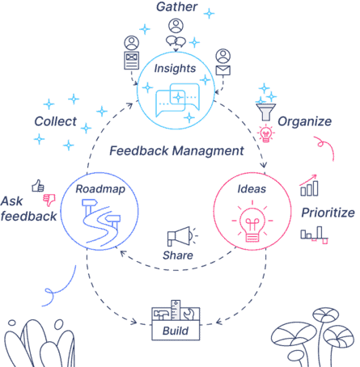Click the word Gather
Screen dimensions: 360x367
pos(177,6)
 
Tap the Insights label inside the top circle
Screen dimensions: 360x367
pos(175,69)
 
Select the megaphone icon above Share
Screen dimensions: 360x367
pos(180,236)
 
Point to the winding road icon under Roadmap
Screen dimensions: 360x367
pos(100,222)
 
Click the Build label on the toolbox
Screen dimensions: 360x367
pos(176,331)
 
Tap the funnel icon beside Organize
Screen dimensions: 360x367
pos(265,112)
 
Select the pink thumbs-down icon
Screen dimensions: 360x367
pos(49,200)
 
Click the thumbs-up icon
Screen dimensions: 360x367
pos(38,186)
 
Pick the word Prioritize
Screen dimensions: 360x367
pos(328,213)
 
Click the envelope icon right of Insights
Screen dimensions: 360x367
pos(223,70)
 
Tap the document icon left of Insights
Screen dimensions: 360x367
pos(132,61)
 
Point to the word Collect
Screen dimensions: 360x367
pos(55,121)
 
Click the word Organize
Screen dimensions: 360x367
pos(305,121)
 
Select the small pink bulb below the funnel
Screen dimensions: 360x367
pos(266,133)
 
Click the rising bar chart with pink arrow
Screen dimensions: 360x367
pos(309,185)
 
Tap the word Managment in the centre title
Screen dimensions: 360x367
pos(208,151)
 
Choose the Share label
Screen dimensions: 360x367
pos(178,255)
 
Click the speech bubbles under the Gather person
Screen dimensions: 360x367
pos(176,41)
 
